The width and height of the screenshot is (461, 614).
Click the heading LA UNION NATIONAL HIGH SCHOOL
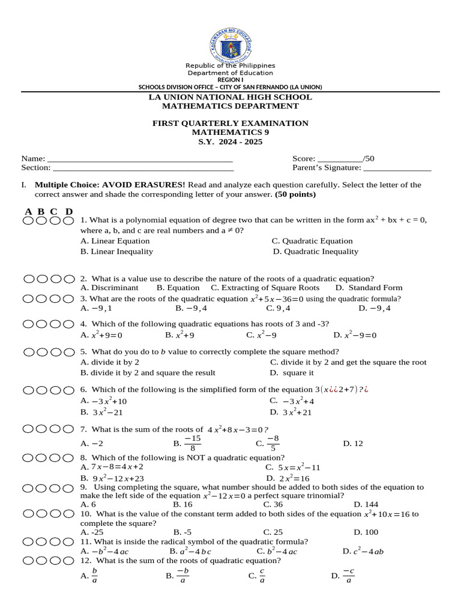click(230, 97)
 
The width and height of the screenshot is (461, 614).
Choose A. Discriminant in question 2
click(109, 288)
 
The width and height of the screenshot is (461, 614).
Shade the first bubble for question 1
click(29, 221)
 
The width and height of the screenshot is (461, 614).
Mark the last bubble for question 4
click(70, 324)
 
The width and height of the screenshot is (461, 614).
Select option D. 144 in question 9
click(366, 505)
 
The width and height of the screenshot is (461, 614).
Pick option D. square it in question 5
click(293, 373)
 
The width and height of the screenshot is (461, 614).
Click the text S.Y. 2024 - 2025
click(230, 142)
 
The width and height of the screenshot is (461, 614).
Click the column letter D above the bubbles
click(69, 211)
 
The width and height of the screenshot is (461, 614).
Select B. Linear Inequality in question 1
click(116, 252)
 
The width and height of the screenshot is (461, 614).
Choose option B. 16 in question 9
click(182, 505)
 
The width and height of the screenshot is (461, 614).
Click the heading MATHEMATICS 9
click(230, 133)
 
